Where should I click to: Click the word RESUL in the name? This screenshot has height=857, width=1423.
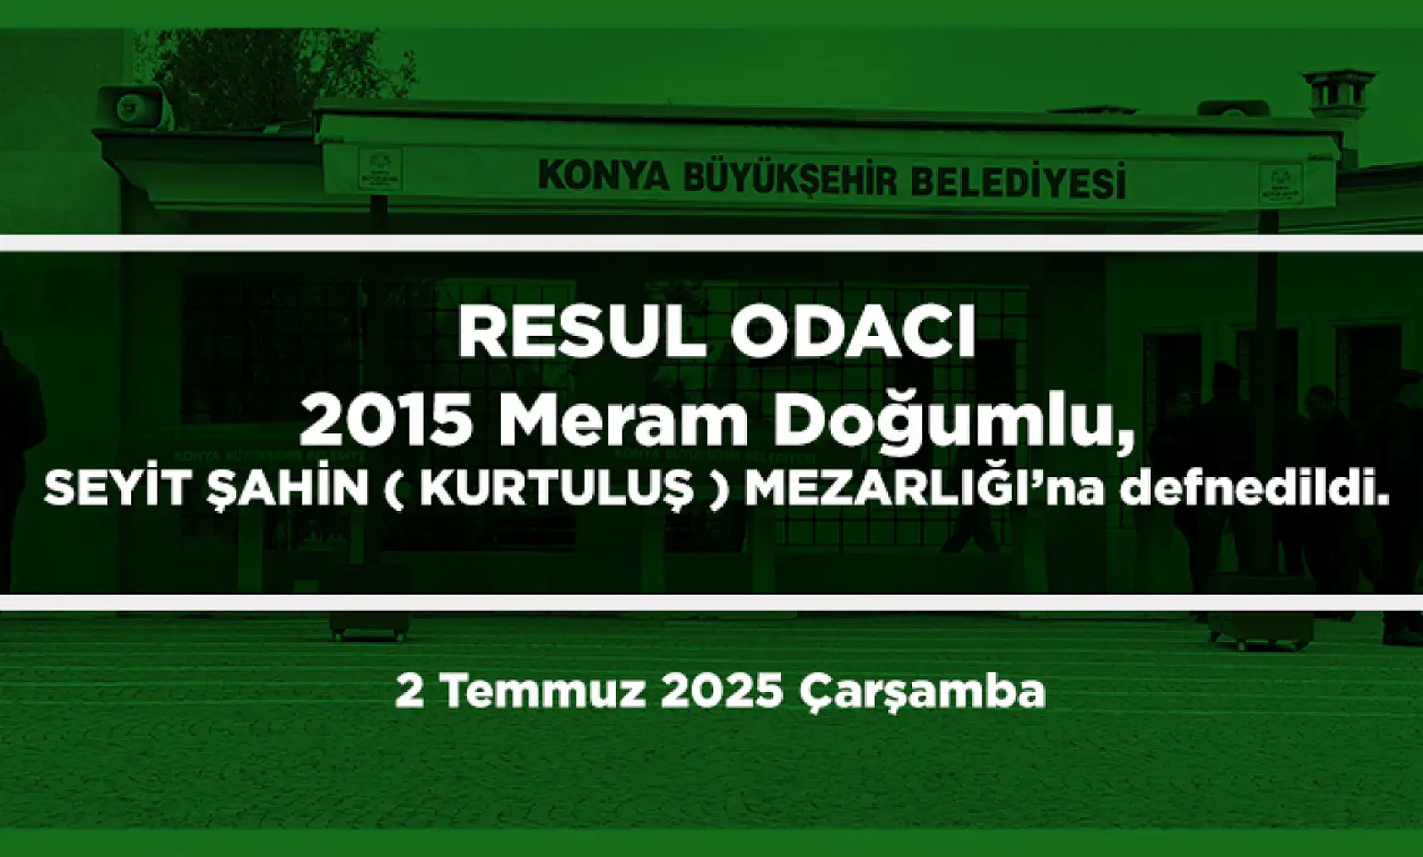pyautogui.click(x=581, y=332)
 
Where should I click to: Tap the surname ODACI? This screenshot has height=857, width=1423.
pyautogui.click(x=854, y=332)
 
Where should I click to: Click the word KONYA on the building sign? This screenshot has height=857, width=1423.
pyautogui.click(x=603, y=175)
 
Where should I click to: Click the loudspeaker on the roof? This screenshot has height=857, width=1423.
pyautogui.click(x=131, y=107)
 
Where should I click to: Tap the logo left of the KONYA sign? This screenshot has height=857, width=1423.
pyautogui.click(x=379, y=169)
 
